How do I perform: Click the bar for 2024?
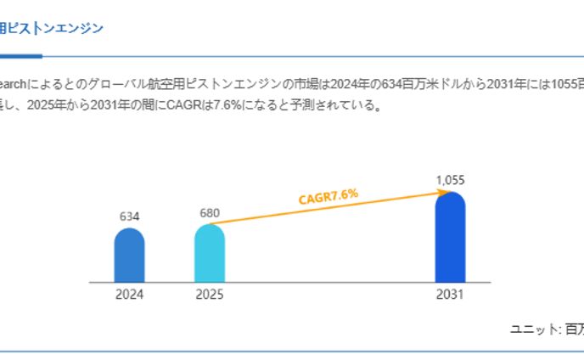(129, 256)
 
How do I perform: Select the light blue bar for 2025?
(210, 254)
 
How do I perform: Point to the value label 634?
(129, 217)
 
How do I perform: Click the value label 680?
(210, 212)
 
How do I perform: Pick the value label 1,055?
(450, 180)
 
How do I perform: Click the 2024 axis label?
(129, 295)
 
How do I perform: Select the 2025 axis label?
(210, 295)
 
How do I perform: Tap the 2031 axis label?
(450, 295)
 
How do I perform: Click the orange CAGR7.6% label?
(328, 197)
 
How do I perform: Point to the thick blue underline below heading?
(20, 56)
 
